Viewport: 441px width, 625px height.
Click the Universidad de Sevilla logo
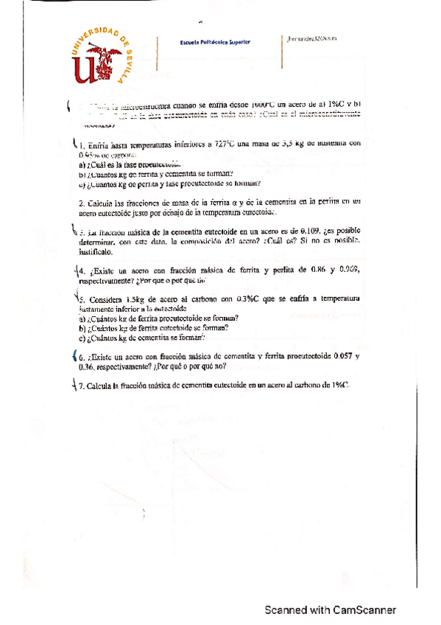[x=104, y=55]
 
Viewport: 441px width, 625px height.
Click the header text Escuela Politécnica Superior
[x=215, y=42]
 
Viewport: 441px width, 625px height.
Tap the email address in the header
[x=309, y=41]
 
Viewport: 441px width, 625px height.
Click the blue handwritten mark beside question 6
[x=74, y=355]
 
